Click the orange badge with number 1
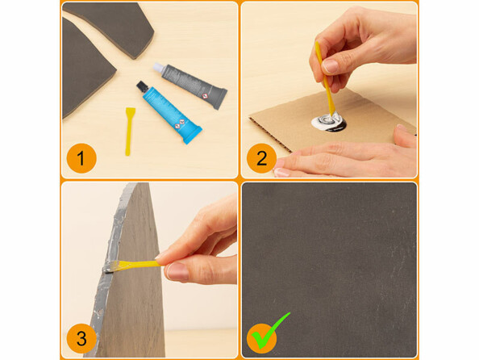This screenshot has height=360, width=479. coord(81,157)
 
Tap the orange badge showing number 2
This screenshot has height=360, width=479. coord(260,157)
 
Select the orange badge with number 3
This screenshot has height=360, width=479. coord(81,337)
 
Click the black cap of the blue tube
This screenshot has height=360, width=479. coord(142,86)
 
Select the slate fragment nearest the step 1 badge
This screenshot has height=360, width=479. coord(85,77)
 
